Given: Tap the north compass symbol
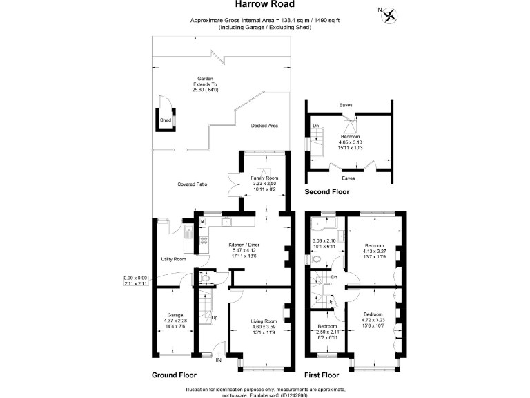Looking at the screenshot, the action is coord(390,14).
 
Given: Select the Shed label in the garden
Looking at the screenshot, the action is coord(165,120).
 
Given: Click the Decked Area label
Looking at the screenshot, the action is coord(264,126).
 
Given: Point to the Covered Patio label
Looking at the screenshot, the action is coord(193,184).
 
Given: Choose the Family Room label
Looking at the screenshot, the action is coord(263,178).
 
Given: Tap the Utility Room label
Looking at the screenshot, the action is coord(173,259).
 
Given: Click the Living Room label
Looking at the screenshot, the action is coord(263,321).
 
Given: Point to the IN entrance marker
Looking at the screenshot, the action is coord(218,360).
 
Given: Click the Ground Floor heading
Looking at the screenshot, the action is coord(175,375).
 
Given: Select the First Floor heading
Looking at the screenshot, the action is coord(324,375).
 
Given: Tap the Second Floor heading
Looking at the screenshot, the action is coord(328,192).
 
